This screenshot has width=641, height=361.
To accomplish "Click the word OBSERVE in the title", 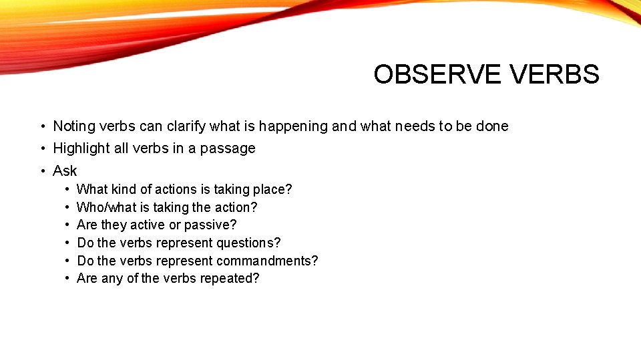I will coord(437,74).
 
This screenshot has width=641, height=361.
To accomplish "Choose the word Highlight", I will coord(81,148).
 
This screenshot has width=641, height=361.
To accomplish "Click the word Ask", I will coord(65,171).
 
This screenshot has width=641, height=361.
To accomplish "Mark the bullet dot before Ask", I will coord(42,171).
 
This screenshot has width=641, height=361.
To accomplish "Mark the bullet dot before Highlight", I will coord(42,148).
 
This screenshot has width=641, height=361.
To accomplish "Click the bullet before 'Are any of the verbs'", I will coord(67,279).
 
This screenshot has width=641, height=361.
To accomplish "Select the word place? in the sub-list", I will coord(274,190).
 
